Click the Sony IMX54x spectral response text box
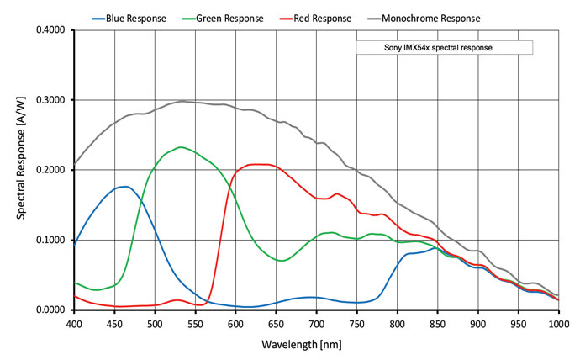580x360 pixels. coord(445,48)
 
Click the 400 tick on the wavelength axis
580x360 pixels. coord(74,323)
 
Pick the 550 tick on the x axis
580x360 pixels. coord(195,323)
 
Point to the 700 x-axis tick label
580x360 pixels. coord(316,323)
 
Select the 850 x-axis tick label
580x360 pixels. coord(437,323)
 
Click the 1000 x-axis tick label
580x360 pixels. coord(558,323)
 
